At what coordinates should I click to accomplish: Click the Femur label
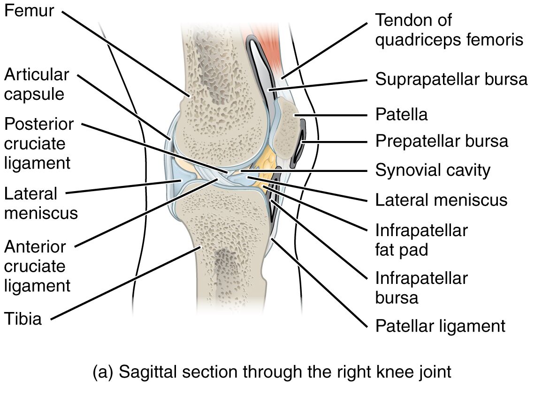click(29, 10)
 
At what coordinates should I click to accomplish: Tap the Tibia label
click(23, 319)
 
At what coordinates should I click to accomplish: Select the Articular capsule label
click(37, 84)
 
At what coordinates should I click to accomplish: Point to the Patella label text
click(401, 114)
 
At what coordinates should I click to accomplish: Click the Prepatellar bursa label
click(442, 141)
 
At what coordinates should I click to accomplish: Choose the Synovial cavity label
click(433, 171)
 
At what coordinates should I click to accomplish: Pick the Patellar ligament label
click(440, 326)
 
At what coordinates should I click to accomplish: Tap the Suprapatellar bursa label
click(451, 79)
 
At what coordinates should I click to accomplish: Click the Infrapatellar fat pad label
click(422, 240)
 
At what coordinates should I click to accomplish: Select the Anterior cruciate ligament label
click(38, 267)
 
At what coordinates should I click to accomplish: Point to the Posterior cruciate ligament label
click(39, 143)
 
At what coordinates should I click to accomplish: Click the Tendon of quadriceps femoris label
click(450, 30)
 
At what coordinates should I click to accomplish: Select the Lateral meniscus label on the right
click(442, 200)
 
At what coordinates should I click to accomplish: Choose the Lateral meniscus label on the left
click(41, 203)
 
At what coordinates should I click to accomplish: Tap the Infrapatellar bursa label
click(422, 288)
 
